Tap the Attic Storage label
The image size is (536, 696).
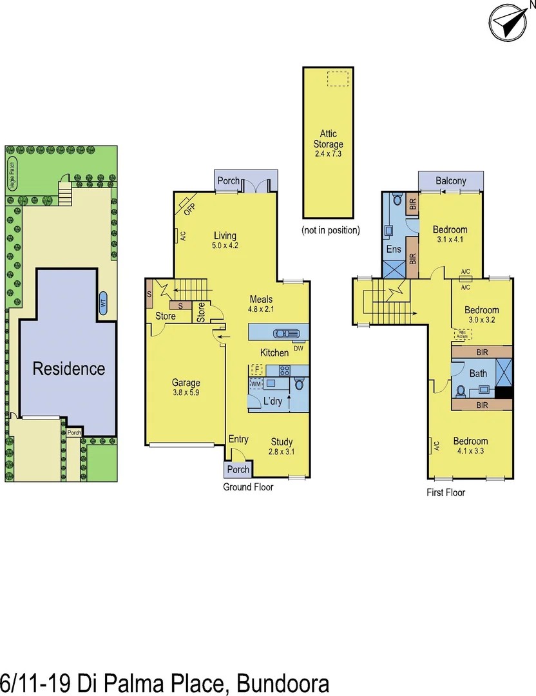[328, 139]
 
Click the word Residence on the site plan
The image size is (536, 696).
[69, 369]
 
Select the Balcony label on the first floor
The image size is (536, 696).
[450, 180]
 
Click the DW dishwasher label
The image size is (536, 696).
[298, 348]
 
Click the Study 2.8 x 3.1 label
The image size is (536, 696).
[281, 447]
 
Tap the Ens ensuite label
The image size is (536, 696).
[394, 249]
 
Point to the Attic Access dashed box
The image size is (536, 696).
[462, 334]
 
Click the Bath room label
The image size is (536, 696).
[478, 374]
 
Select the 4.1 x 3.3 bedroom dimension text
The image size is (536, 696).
[470, 451]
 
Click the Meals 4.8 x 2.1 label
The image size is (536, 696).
[261, 304]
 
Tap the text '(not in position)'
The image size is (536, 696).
[330, 230]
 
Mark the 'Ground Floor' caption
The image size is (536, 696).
[248, 487]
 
